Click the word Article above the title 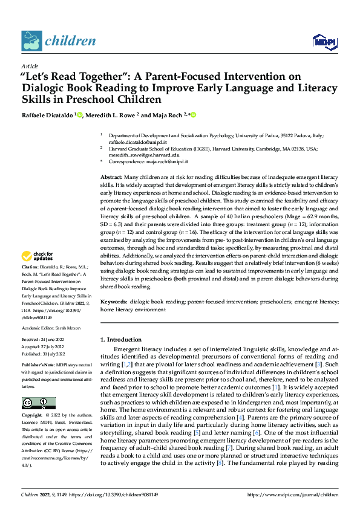coord(30,66)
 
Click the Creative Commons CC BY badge coord(38,403)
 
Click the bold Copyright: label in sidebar coord(32,417)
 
